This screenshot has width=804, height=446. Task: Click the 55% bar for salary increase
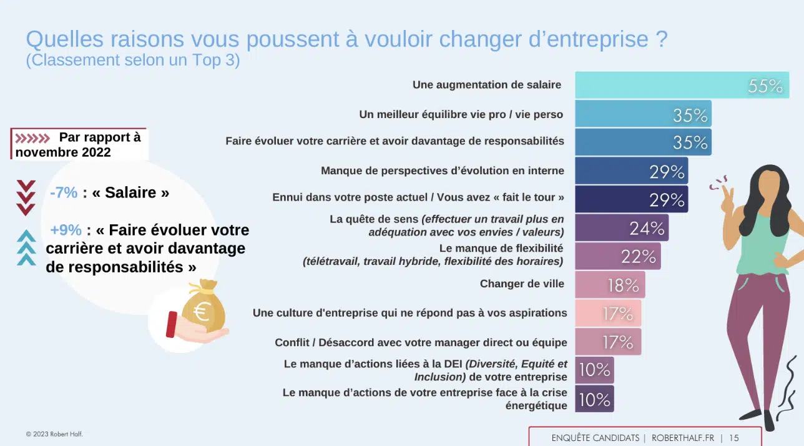(x=682, y=86)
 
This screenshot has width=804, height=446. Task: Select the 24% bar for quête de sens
(x=621, y=228)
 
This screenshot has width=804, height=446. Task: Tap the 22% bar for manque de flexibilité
(x=617, y=256)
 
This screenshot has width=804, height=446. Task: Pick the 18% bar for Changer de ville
(x=609, y=285)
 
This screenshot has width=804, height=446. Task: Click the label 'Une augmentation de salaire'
(x=487, y=85)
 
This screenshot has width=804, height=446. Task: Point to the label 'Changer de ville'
(x=522, y=284)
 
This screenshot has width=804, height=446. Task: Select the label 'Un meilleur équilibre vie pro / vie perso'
(x=461, y=114)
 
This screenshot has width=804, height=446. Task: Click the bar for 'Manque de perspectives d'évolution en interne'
(x=630, y=171)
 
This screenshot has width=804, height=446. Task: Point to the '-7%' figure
(x=64, y=192)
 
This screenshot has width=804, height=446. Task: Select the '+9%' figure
(x=66, y=230)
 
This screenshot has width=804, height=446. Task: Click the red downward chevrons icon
(x=26, y=197)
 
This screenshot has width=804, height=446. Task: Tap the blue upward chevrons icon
(x=26, y=247)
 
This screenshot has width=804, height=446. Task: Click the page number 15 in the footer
(x=733, y=438)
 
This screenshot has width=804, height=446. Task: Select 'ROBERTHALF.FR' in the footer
(x=683, y=438)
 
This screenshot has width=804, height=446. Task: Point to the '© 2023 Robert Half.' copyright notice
(x=54, y=434)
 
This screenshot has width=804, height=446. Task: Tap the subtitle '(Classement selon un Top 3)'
(x=133, y=61)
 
